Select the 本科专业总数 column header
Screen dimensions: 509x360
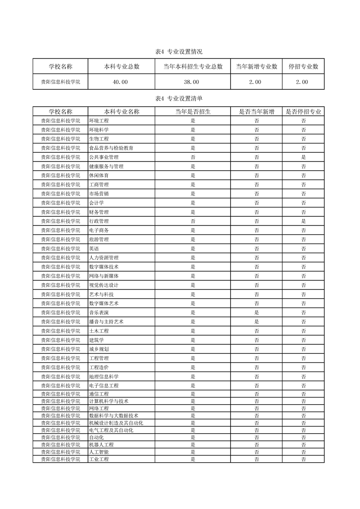[121, 67]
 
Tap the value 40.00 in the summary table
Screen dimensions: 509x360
[121, 82]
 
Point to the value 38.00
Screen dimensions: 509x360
[192, 82]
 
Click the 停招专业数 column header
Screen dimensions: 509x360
[303, 67]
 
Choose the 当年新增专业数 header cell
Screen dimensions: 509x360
[256, 67]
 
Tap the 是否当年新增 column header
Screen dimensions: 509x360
[256, 112]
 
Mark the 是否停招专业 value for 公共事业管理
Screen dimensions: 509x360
[303, 157]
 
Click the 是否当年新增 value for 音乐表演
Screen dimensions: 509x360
[256, 313]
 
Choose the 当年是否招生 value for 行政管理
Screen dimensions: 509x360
[192, 221]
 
